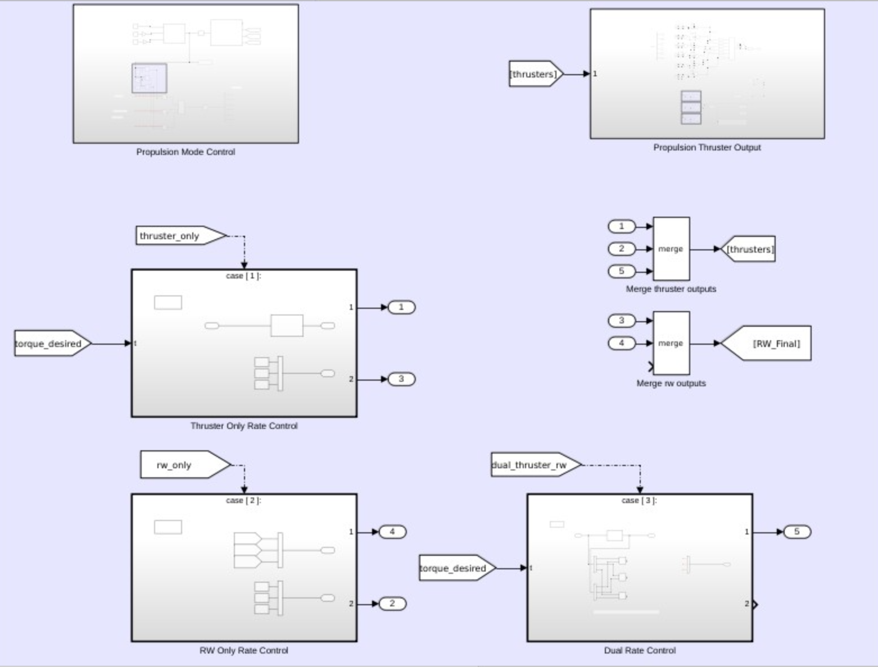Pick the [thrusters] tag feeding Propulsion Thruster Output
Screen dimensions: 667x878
(x=535, y=74)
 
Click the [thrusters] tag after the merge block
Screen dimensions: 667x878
(x=749, y=249)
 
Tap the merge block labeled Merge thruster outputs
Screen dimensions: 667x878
(x=671, y=249)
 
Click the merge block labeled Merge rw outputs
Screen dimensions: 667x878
(x=671, y=343)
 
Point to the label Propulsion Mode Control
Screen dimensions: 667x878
(x=185, y=152)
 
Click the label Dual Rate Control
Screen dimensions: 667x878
(x=640, y=650)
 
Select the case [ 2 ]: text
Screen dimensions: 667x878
(x=243, y=500)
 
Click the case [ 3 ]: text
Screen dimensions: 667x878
(x=639, y=500)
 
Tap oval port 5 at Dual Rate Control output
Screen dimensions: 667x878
(x=796, y=532)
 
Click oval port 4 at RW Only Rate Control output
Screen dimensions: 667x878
(x=392, y=532)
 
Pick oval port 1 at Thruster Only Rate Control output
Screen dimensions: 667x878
(x=401, y=307)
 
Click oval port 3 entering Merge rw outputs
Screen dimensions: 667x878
(x=621, y=321)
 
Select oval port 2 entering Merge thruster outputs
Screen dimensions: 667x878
(x=621, y=249)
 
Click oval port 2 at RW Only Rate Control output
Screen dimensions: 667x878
(x=392, y=604)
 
